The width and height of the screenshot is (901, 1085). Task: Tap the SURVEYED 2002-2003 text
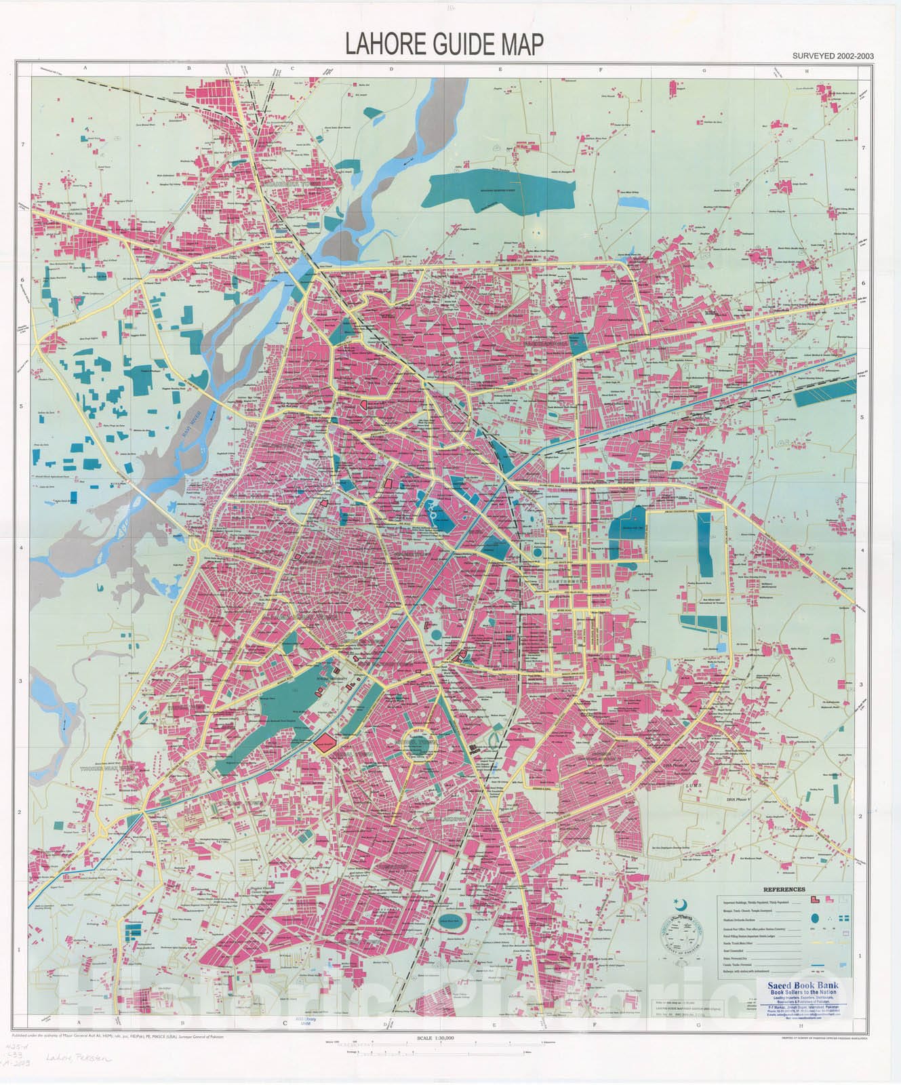coord(832,57)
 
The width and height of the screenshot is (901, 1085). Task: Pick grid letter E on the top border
coord(499,68)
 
